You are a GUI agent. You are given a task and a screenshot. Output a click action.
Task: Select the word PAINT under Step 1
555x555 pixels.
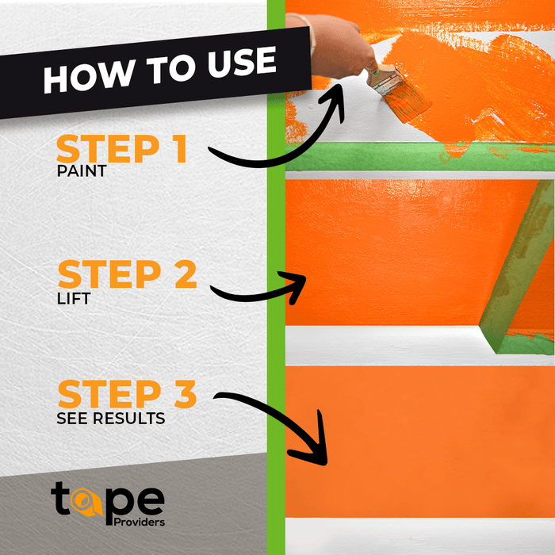[81, 170]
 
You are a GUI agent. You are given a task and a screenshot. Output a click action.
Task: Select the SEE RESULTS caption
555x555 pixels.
[110, 418]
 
